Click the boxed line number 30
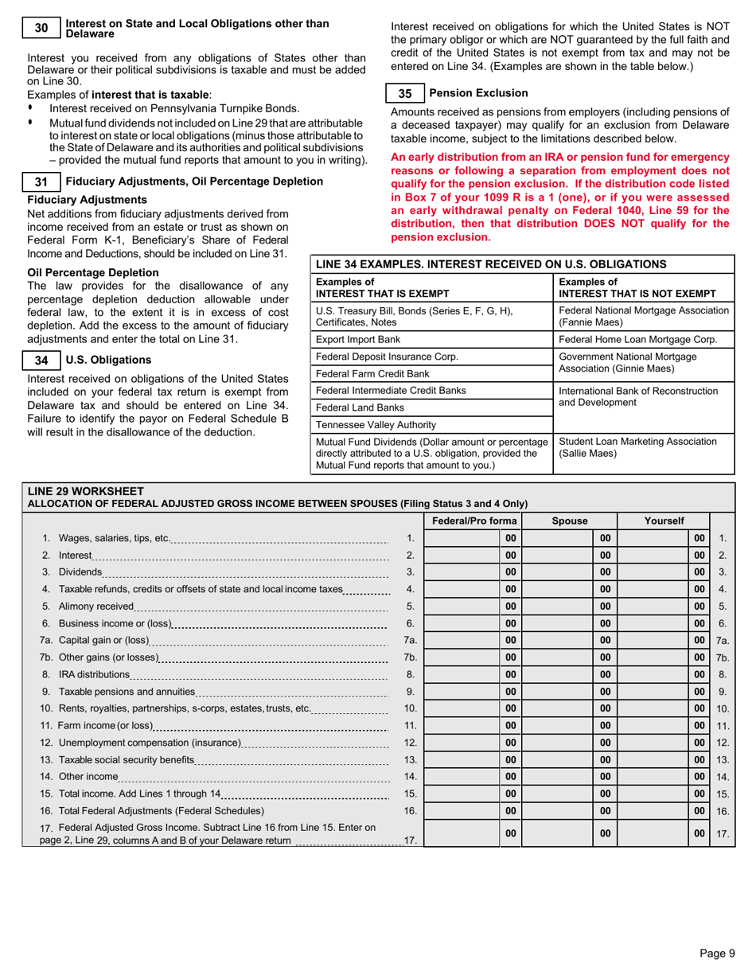pos(41,29)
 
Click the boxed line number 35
pos(405,93)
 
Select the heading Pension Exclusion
pos(478,93)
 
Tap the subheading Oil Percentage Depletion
pos(92,272)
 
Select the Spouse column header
pos(569,521)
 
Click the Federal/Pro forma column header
pos(473,521)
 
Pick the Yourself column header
pos(664,521)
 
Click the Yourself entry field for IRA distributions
pos(653,673)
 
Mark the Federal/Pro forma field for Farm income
pos(462,725)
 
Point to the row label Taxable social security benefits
pos(126,759)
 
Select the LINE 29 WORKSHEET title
pos(86,491)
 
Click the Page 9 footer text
pos(717,954)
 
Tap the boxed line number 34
pos(41,361)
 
